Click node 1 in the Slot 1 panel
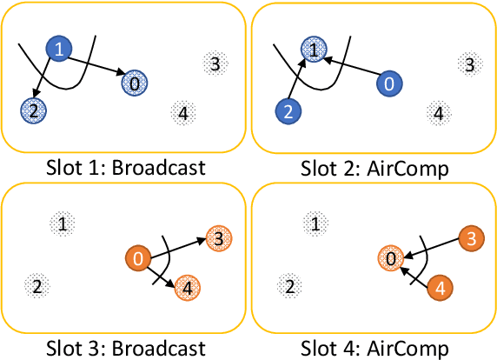click(59, 50)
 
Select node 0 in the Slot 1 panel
click(136, 83)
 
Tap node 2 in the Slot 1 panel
click(33, 110)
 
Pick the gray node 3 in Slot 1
click(215, 63)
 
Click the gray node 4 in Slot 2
click(439, 112)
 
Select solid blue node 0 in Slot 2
click(389, 83)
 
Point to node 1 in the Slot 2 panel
click(313, 50)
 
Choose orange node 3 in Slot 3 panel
click(218, 237)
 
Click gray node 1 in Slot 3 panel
click(62, 224)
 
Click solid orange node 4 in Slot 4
click(440, 288)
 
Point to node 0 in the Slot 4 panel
click(390, 258)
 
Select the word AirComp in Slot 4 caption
click(414, 349)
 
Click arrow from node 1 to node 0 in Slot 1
click(96, 66)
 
